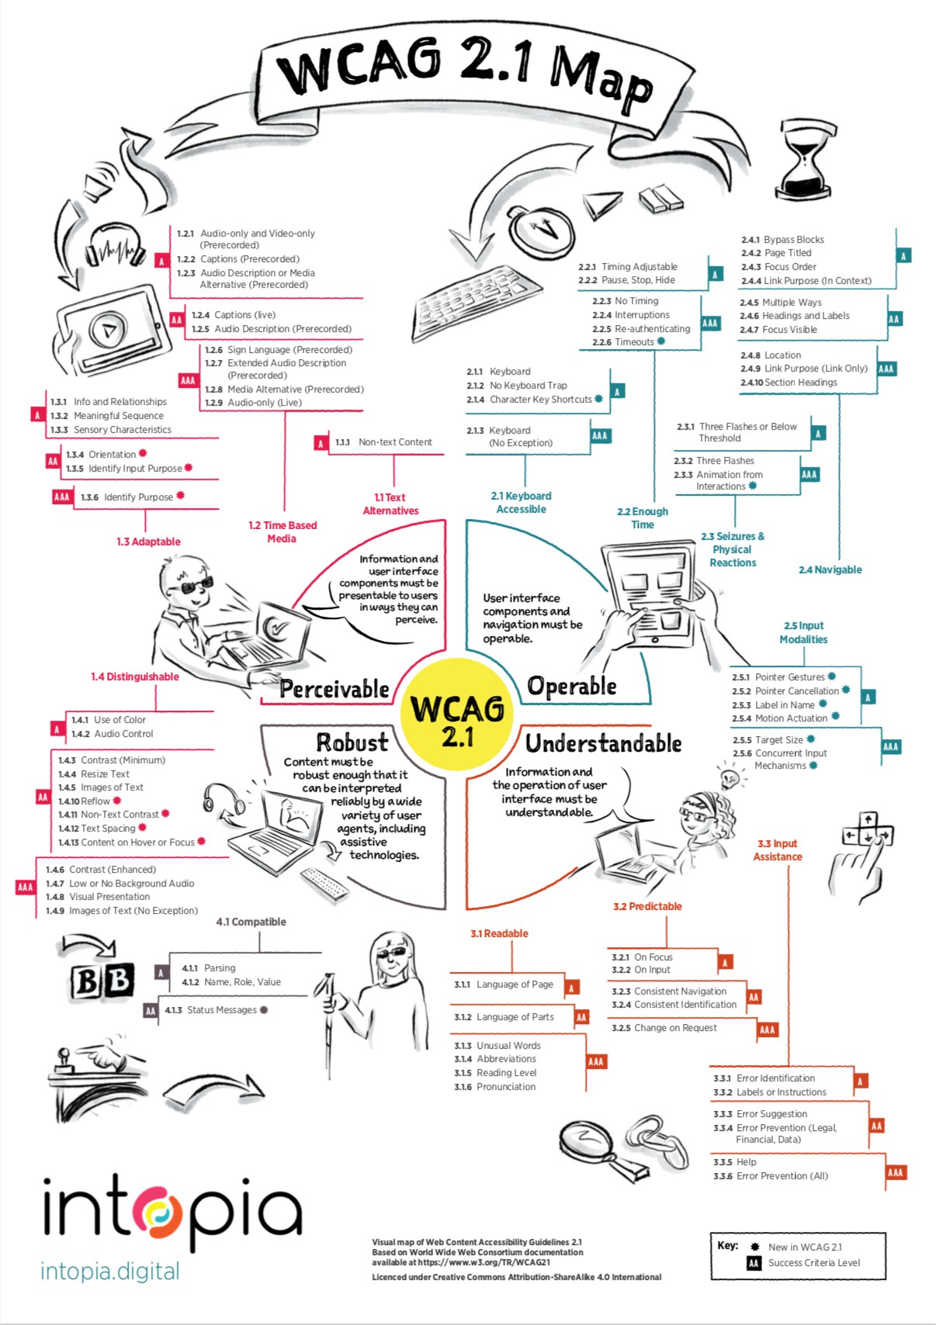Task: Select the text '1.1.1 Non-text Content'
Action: (x=383, y=442)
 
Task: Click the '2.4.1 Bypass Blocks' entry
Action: (x=782, y=240)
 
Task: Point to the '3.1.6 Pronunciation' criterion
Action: (x=494, y=1087)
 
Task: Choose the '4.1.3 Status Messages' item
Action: (x=217, y=1010)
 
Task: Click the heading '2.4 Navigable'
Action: (x=830, y=569)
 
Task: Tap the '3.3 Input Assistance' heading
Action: (x=777, y=850)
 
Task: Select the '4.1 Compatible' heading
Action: (x=251, y=922)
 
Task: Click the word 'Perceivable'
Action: (x=335, y=689)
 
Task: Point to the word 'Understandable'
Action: (x=603, y=743)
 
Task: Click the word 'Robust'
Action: (x=352, y=742)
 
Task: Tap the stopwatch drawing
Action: (x=542, y=230)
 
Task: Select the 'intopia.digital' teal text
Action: (x=109, y=1271)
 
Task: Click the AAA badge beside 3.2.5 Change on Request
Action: (x=767, y=1030)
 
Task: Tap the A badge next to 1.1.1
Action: (x=321, y=443)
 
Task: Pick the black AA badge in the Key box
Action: (x=753, y=1264)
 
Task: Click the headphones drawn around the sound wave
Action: (x=116, y=247)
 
